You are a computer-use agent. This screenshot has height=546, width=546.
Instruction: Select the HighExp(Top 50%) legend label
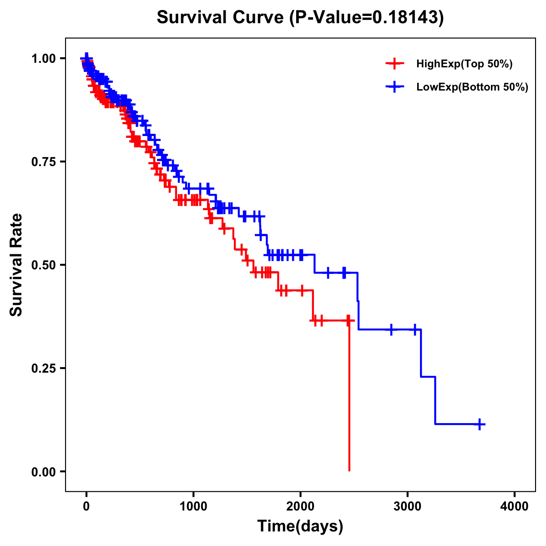464,64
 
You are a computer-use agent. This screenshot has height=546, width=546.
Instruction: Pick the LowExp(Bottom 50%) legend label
472,87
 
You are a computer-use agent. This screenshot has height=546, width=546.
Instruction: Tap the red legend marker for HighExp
394,64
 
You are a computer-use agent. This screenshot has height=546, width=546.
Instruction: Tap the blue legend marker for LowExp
394,87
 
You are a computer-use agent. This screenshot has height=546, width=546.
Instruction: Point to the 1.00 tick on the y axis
43,59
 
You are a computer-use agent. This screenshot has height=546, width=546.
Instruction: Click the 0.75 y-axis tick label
43,162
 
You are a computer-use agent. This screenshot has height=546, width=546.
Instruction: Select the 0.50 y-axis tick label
43,265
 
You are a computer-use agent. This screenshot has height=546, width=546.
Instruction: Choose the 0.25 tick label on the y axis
43,368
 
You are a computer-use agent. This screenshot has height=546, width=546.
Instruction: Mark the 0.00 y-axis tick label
43,471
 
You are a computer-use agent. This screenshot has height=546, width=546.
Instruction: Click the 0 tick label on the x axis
86,506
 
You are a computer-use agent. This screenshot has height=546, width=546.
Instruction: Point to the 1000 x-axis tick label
193,506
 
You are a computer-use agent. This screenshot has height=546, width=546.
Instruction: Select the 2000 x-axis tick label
300,506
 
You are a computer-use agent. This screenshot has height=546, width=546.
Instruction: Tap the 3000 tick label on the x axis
408,506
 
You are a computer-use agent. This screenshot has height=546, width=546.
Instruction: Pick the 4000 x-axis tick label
515,506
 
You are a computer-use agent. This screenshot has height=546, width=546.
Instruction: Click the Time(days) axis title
300,526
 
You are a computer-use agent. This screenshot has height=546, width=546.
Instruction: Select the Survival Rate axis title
16,265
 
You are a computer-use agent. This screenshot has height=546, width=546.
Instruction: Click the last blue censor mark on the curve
479,424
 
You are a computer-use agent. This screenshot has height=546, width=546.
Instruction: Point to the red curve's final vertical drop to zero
349,396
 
